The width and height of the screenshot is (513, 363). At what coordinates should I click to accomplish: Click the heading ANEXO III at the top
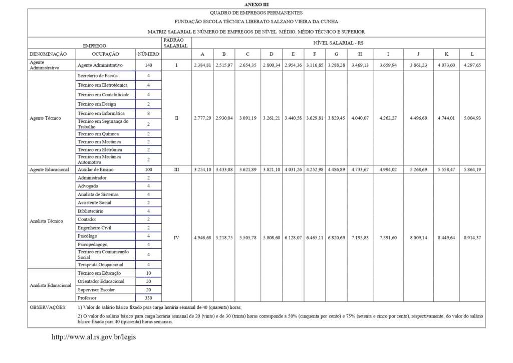[256, 4]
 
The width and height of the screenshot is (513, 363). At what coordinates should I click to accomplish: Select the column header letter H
[360, 54]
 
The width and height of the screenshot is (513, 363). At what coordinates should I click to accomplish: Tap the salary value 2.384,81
[202, 65]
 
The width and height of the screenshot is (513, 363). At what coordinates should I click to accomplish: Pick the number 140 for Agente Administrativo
[148, 65]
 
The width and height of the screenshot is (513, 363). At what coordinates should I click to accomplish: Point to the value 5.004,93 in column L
[472, 118]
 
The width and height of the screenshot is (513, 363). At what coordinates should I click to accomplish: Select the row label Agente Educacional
[49, 170]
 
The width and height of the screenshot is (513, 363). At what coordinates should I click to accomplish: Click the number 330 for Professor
[148, 298]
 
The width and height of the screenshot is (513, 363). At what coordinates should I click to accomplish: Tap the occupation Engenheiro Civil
[94, 228]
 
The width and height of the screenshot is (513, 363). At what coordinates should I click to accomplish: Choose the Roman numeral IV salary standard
[176, 238]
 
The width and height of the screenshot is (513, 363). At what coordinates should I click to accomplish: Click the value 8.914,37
[472, 238]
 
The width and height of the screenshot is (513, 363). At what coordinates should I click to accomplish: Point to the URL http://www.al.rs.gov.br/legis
[94, 337]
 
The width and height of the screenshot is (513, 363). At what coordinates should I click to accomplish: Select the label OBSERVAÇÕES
[48, 306]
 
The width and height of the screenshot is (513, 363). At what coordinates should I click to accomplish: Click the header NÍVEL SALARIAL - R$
[338, 43]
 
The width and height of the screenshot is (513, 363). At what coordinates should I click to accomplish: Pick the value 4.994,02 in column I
[388, 170]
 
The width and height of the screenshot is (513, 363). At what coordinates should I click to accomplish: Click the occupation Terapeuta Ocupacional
[100, 264]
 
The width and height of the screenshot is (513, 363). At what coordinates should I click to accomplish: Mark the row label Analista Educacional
[51, 285]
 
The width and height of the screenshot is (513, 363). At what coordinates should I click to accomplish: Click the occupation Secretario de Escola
[98, 75]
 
